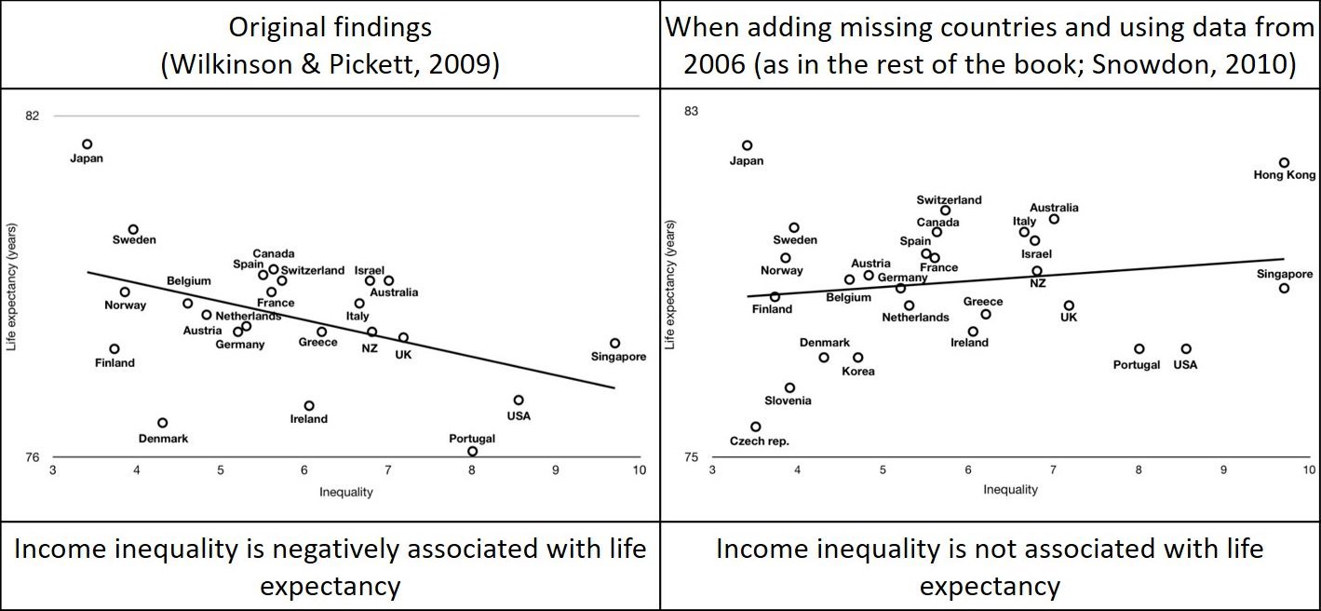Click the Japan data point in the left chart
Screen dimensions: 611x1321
[87, 144]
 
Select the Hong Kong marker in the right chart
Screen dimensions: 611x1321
[1284, 163]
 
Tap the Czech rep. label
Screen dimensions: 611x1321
[759, 441]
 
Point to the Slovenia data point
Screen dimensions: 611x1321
[789, 387]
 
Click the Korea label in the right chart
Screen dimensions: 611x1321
[857, 372]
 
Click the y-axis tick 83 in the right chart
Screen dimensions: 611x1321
[691, 112]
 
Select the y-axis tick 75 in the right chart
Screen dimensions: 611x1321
[691, 457]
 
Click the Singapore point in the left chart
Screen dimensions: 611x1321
[614, 343]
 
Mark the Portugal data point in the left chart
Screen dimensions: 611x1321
[473, 452]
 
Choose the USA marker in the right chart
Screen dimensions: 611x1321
[1186, 349]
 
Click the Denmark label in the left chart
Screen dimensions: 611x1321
[163, 439]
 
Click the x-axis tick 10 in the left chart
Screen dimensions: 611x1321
[638, 470]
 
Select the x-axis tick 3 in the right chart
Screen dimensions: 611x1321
[712, 471]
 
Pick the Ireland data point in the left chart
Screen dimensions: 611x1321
[309, 406]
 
